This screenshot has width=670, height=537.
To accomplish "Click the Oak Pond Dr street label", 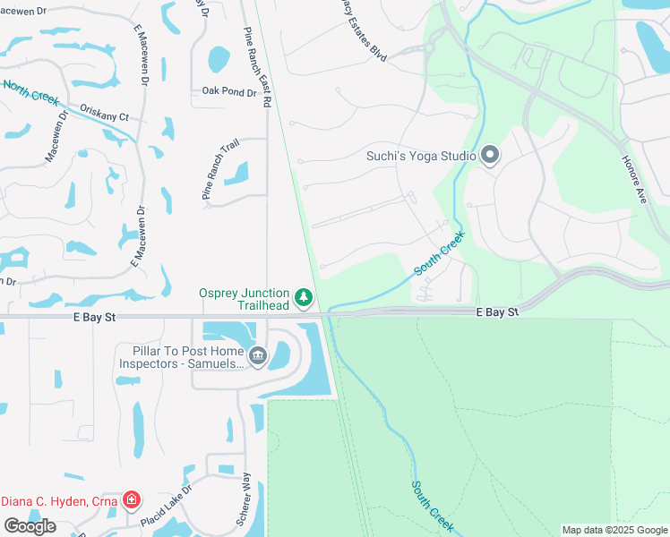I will [x=223, y=90].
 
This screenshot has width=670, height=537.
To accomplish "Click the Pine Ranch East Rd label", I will [x=256, y=67].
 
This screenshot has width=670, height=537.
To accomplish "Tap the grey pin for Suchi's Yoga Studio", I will [x=490, y=156].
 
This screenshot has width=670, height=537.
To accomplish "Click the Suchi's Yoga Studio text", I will [x=421, y=156].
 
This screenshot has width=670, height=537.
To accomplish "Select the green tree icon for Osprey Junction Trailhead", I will [x=304, y=296].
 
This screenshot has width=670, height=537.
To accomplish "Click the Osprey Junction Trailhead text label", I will [x=245, y=299].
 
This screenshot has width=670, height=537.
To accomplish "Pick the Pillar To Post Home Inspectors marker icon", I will [x=258, y=357].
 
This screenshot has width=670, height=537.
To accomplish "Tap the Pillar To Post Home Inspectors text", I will [x=182, y=357].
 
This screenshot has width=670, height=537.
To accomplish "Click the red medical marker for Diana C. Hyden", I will [x=132, y=499].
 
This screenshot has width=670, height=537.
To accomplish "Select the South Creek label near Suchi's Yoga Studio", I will [x=439, y=254].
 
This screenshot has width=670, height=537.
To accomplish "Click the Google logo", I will [x=30, y=526].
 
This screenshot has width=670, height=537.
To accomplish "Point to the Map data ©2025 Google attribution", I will [x=614, y=530].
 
